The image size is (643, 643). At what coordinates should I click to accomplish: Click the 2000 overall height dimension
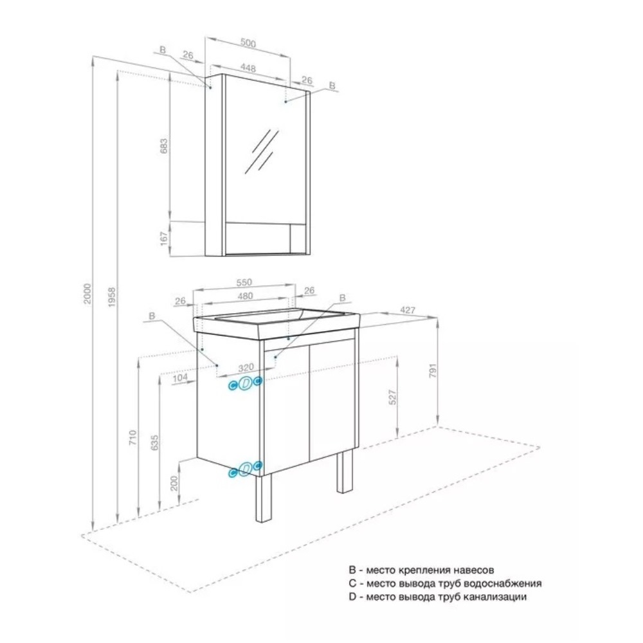coord(87,293)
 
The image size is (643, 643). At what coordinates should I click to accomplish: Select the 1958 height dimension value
coord(111,297)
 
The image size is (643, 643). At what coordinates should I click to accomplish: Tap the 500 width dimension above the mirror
coord(248,43)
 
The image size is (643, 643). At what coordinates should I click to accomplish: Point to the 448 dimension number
coord(248,68)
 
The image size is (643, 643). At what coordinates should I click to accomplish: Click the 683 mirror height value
coord(163,147)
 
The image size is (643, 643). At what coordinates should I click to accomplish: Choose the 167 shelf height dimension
coord(164,239)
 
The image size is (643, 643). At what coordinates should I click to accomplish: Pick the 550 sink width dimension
coord(244,282)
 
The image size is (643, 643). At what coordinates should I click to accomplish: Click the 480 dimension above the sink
coord(245,296)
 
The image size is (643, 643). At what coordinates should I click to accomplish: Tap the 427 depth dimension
coord(407,310)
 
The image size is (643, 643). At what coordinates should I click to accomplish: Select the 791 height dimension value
coord(433,370)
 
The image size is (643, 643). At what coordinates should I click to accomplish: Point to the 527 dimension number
coord(392,397)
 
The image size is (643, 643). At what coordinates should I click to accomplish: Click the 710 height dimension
coord(132,438)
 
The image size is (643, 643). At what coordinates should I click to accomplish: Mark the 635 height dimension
coord(154,443)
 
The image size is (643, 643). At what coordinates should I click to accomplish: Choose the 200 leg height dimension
coord(174,483)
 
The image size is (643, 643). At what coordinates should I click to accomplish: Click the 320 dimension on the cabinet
coord(246,367)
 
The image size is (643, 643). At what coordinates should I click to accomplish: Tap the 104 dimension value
coord(179,377)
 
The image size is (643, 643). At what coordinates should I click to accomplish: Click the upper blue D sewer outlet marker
coord(245,383)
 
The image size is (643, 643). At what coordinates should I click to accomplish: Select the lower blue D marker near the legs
coord(245,469)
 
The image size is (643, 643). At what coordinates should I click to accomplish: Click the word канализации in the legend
coord(494,597)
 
